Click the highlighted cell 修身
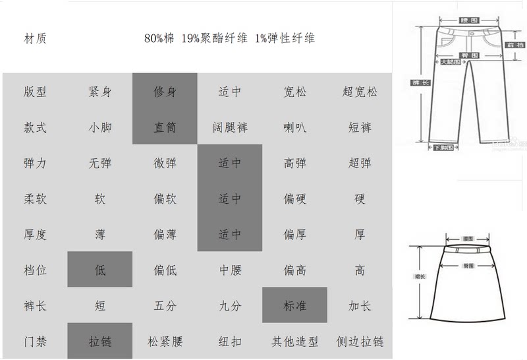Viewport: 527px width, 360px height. pyautogui.click(x=165, y=92)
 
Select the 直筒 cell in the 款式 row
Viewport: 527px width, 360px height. pyautogui.click(x=165, y=127)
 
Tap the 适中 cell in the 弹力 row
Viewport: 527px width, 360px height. pyautogui.click(x=230, y=163)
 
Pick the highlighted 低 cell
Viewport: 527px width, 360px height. pyautogui.click(x=100, y=270)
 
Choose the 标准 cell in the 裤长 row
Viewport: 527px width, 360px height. pyautogui.click(x=294, y=306)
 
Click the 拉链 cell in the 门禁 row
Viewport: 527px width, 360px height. pyautogui.click(x=100, y=342)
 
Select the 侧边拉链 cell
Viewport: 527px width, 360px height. pyautogui.click(x=360, y=342)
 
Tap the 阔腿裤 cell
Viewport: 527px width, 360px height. pyautogui.click(x=230, y=127)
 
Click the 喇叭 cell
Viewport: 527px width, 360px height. pyautogui.click(x=294, y=127)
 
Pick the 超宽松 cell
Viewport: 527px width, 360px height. pyautogui.click(x=360, y=92)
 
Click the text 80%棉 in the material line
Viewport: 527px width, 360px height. pyautogui.click(x=159, y=38)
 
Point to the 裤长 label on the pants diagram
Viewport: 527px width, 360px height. pyautogui.click(x=416, y=82)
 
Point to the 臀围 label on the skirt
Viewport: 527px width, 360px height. pyautogui.click(x=469, y=265)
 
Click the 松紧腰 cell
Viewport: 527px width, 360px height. pyautogui.click(x=165, y=342)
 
